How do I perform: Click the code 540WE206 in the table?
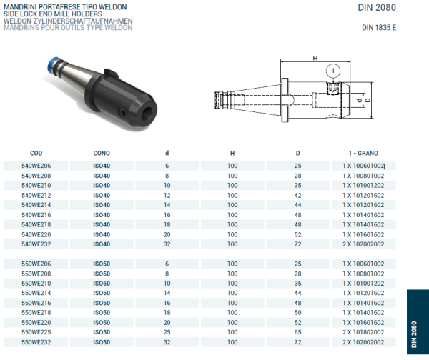[x=36, y=165]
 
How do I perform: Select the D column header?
[x=297, y=153]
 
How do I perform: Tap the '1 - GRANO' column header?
[x=363, y=153]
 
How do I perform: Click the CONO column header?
[x=102, y=153]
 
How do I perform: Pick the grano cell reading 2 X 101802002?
[x=363, y=332]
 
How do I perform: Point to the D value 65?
[x=297, y=332]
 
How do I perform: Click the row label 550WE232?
[x=36, y=342]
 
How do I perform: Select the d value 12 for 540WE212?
[x=167, y=195]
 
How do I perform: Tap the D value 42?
[x=297, y=195]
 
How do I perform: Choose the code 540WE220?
[x=36, y=234]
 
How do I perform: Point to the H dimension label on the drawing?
[x=314, y=58]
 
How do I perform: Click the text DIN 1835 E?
[x=378, y=28]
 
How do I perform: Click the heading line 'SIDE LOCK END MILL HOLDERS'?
[x=46, y=14]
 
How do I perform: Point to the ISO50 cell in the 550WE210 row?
[x=102, y=283]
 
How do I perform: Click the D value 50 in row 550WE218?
[x=297, y=312]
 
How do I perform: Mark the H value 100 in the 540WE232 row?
[x=232, y=244]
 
